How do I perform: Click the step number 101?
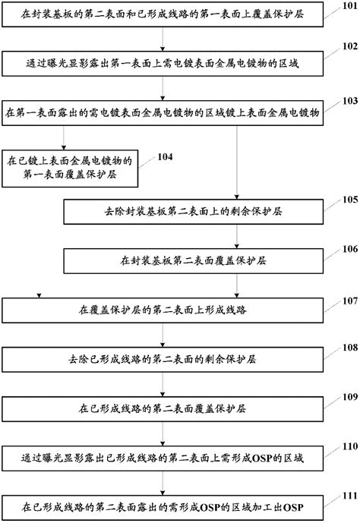click(346, 7)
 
